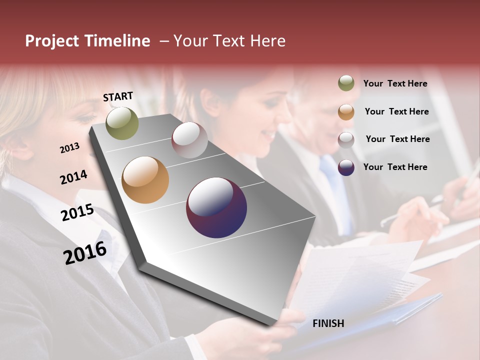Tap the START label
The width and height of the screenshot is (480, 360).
click(x=118, y=96)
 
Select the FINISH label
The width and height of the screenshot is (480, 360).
click(x=328, y=323)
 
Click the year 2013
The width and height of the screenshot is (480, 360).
click(x=69, y=148)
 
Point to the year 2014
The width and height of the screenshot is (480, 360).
click(x=73, y=177)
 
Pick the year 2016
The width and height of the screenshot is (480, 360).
click(x=85, y=253)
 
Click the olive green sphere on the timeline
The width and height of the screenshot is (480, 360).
click(x=122, y=123)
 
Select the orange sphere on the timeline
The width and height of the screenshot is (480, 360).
click(x=145, y=180)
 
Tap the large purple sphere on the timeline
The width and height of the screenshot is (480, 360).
click(x=216, y=207)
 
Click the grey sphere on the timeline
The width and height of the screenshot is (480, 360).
click(x=189, y=140)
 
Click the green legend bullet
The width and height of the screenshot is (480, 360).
click(x=346, y=83)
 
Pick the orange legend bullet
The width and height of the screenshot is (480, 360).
click(x=346, y=111)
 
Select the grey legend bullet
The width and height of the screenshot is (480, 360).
click(x=346, y=139)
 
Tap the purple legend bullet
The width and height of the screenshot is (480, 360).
click(x=346, y=167)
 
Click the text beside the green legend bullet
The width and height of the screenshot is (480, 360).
click(x=395, y=83)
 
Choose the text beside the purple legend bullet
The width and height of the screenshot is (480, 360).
click(x=395, y=167)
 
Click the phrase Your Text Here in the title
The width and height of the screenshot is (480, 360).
click(x=229, y=41)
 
